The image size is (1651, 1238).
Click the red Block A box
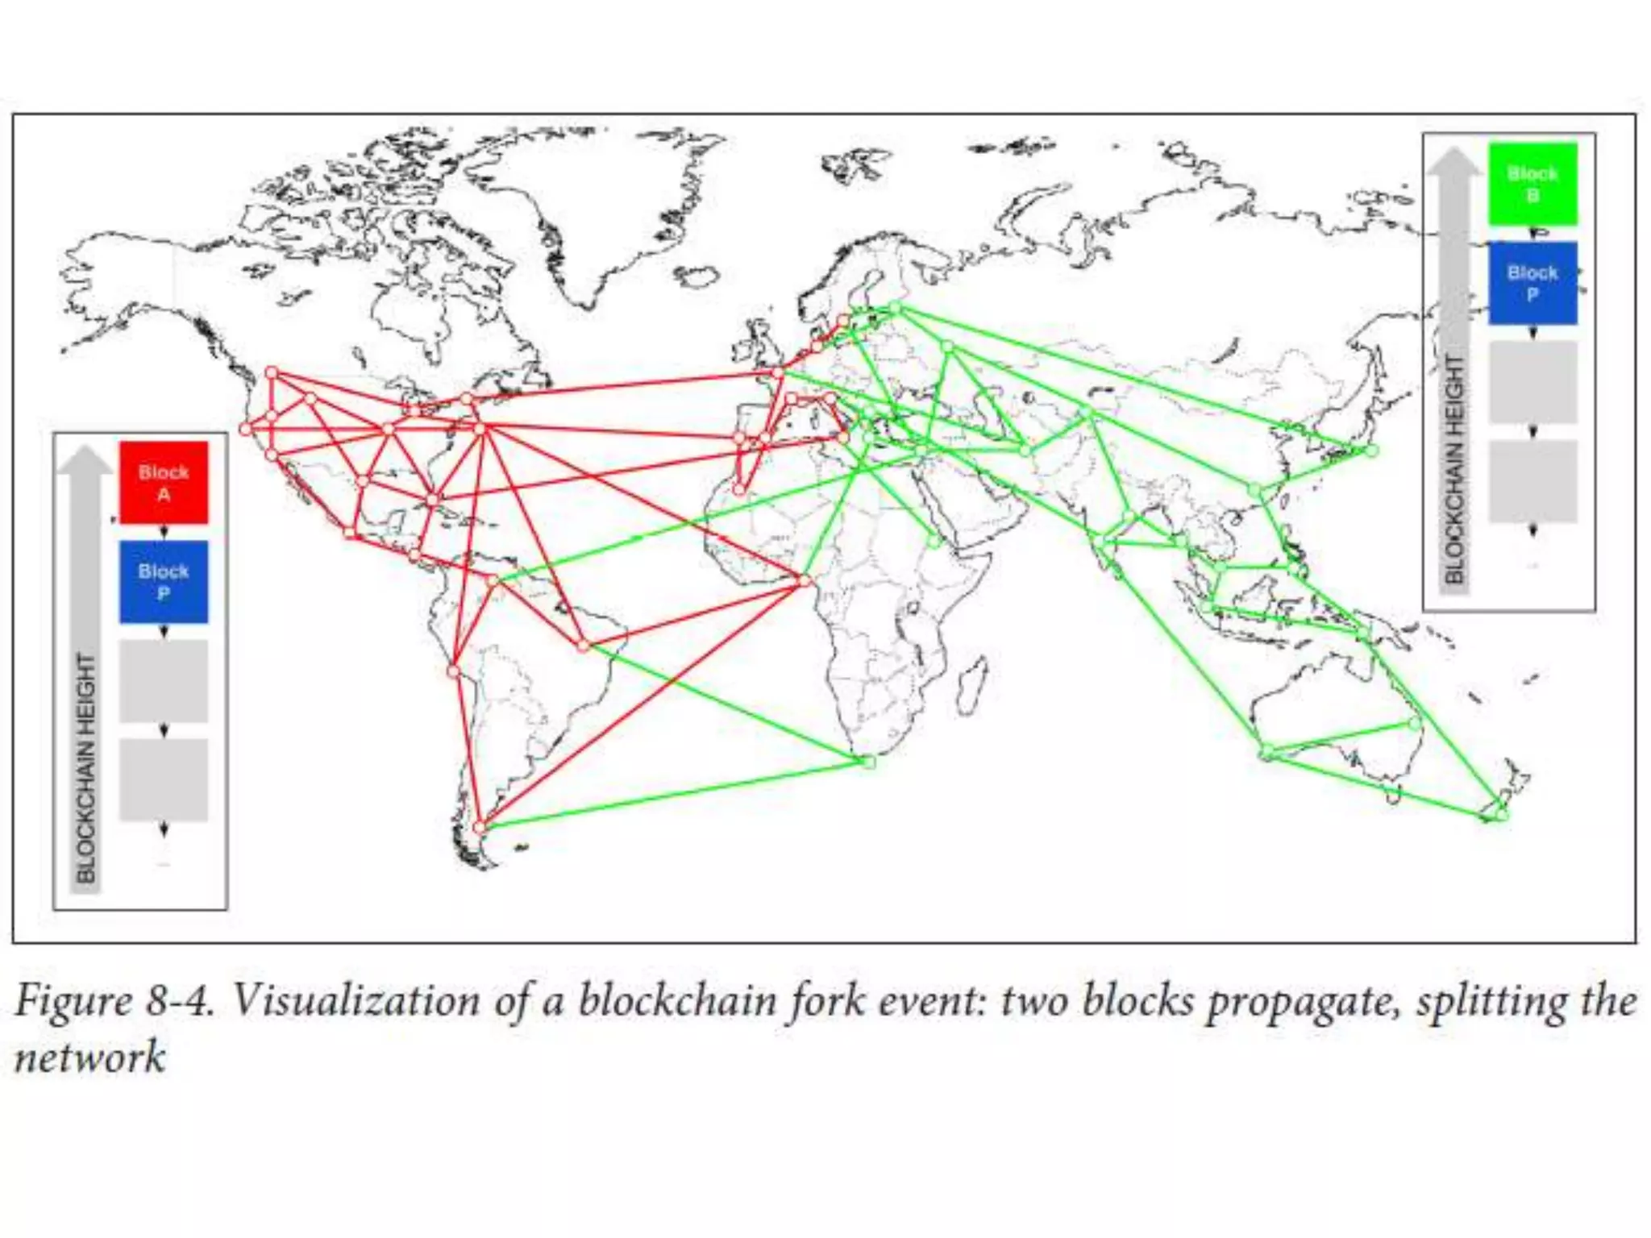[x=164, y=482]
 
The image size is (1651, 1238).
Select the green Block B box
[x=1532, y=184]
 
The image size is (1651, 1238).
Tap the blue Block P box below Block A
[x=164, y=581]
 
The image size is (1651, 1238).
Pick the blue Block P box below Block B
[x=1532, y=283]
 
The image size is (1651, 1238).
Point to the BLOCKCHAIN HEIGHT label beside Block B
[x=1453, y=468]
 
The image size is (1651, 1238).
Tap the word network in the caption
[x=89, y=1057]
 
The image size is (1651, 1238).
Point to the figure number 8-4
[x=180, y=1002]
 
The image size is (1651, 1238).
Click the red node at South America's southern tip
[x=480, y=827]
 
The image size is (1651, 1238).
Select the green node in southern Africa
[x=869, y=761]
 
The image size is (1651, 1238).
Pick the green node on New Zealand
[x=1501, y=816]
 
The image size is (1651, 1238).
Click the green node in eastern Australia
[x=1414, y=723]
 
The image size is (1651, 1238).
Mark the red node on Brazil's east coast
[x=584, y=645]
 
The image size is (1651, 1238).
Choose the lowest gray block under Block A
[x=164, y=780]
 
